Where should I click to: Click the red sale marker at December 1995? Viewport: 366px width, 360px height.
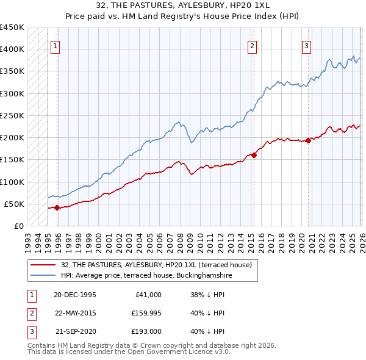pos(57,207)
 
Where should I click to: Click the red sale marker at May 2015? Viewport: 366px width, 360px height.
pos(254,155)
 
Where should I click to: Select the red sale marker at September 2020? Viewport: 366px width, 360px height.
pos(308,140)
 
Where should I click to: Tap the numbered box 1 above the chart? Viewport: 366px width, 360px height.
pos(56,45)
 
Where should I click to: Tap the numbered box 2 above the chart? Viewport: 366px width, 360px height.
pos(252,45)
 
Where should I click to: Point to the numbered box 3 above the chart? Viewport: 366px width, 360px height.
pos(306,45)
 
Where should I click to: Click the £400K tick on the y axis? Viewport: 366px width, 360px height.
pos(12,49)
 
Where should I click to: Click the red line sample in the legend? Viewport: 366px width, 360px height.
pos(44,264)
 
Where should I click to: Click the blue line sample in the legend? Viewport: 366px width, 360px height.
pos(44,275)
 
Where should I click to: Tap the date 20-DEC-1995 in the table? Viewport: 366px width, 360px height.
pos(74,294)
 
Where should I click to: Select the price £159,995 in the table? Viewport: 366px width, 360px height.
pos(145,313)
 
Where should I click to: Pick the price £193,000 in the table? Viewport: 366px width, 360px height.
pos(145,332)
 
